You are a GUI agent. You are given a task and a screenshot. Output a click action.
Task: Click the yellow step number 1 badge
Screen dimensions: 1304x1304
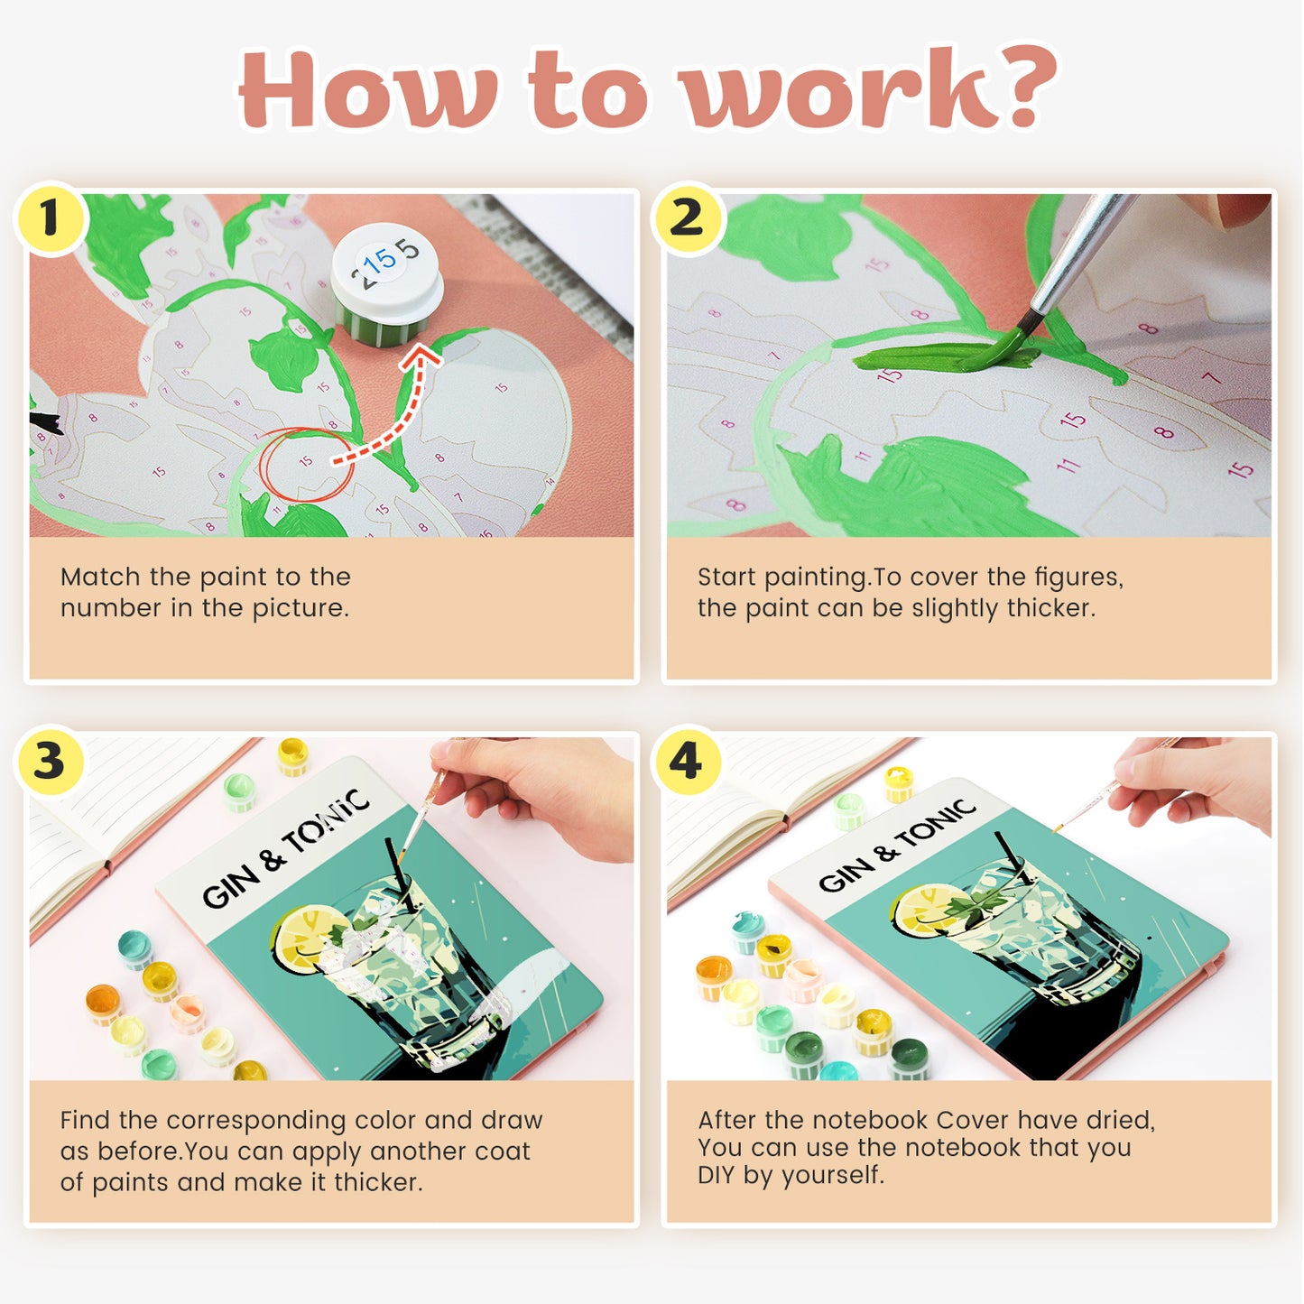pos(50,218)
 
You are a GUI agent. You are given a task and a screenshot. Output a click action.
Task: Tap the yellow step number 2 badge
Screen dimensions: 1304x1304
pos(687,218)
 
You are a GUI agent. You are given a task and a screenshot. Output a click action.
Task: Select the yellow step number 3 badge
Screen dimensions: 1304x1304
pos(50,761)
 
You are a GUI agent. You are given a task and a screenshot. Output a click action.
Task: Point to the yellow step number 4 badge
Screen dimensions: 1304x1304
pos(686,761)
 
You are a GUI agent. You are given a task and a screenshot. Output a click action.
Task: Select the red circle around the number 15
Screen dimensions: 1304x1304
pos(305,462)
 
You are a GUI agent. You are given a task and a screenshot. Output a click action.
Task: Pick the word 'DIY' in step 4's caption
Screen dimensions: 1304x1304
pos(717,1175)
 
